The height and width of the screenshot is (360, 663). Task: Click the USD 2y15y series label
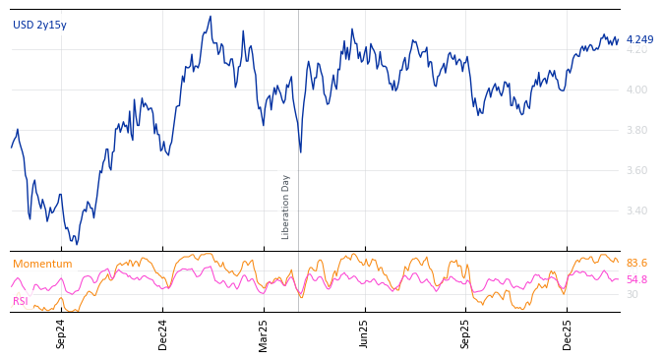pos(39,25)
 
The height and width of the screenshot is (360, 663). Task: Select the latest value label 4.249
pos(639,40)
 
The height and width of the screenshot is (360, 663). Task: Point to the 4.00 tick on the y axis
pos(637,90)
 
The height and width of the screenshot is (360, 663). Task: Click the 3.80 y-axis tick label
pos(637,130)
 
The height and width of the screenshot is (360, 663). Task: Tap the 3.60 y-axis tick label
pos(637,170)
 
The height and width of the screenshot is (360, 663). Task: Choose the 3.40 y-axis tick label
pos(637,210)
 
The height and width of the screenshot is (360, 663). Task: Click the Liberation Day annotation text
pos(286,207)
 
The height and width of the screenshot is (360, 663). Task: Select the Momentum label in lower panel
pos(42,264)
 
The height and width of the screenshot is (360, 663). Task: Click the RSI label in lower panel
pos(21,301)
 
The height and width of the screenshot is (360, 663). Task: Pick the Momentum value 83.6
pos(636,264)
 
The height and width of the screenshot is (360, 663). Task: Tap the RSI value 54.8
pos(636,279)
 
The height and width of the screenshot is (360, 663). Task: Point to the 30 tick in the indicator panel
pos(632,294)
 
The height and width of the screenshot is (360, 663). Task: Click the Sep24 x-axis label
pos(61,333)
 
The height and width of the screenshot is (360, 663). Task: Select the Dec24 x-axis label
pos(163,333)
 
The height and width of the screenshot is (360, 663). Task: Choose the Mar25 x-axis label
pos(264,333)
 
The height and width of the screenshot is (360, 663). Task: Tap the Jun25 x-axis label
pos(365,333)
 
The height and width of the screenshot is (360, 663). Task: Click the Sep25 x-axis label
pos(466,333)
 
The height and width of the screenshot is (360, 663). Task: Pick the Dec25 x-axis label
pos(568,333)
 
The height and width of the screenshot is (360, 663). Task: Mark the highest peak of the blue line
pos(211,17)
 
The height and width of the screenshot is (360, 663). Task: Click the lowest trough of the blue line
pos(77,244)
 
